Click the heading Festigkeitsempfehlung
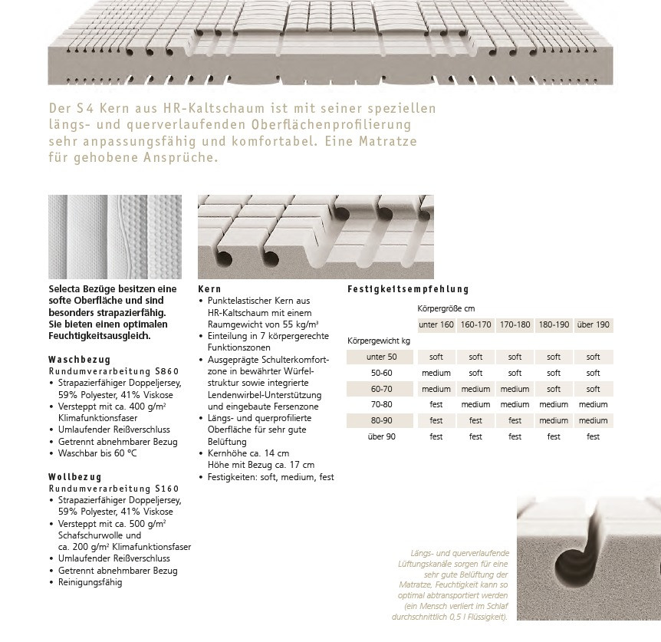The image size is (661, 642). [407, 289]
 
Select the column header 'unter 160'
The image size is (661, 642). [436, 324]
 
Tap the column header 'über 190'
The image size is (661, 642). [593, 324]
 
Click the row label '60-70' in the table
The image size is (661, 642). [381, 389]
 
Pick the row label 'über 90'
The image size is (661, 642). [381, 436]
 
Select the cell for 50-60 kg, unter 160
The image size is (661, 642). [436, 373]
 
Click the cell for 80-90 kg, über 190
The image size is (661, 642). [593, 420]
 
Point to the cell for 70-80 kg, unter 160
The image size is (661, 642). [436, 404]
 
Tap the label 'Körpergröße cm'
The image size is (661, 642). [446, 308]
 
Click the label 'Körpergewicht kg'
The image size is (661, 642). [379, 340]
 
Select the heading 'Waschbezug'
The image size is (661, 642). [79, 359]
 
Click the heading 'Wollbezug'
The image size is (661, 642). [74, 476]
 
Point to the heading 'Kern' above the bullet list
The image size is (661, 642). [209, 289]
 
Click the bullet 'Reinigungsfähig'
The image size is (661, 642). [90, 582]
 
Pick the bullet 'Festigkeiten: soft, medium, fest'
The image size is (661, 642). [271, 476]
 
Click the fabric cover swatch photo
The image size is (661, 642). [115, 237]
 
